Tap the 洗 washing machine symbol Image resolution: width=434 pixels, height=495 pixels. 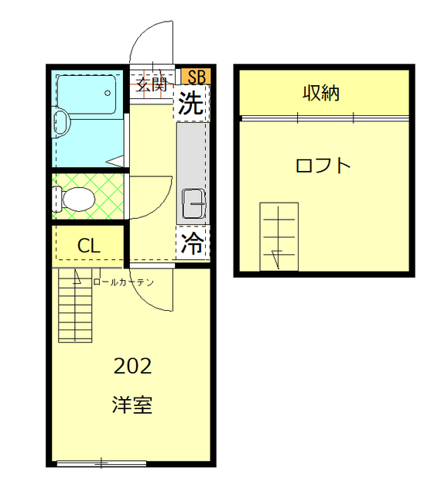tap(191, 104)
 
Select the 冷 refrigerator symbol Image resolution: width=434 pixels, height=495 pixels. tap(192, 244)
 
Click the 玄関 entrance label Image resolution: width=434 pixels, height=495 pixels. tap(152, 84)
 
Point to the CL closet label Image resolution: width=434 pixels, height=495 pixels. tap(88, 247)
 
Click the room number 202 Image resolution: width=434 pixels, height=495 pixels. tap(132, 366)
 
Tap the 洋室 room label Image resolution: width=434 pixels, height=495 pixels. tap(132, 405)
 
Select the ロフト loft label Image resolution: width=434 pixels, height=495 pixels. tap(323, 165)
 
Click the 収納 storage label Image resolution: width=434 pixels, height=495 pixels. tap(322, 94)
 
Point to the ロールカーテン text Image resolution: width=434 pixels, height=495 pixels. tap(124, 282)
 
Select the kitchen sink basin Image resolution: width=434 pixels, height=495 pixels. tap(193, 203)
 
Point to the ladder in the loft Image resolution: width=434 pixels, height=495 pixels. tap(279, 236)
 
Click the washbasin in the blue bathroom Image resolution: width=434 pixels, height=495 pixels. tap(61, 121)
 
